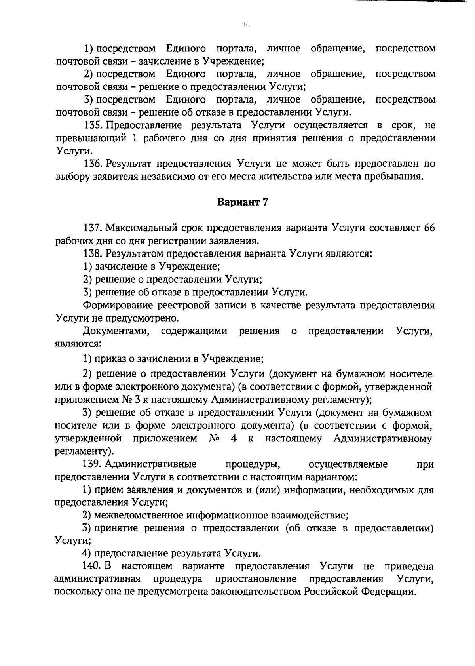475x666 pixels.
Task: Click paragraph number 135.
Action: (x=93, y=126)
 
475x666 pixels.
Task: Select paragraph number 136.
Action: (x=93, y=164)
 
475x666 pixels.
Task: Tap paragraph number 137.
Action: (x=93, y=228)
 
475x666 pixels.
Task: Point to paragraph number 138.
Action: (x=93, y=253)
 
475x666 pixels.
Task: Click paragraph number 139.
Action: (x=93, y=464)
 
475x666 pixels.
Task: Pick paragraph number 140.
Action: (x=93, y=566)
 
